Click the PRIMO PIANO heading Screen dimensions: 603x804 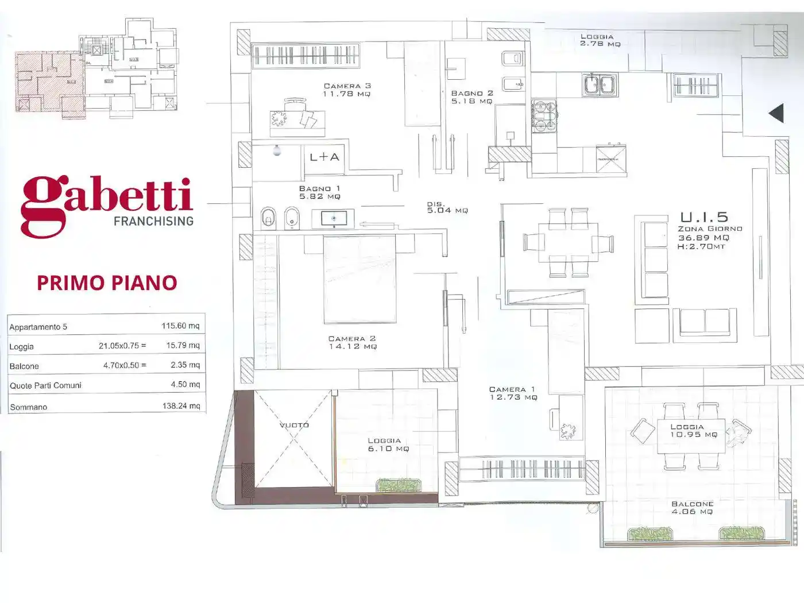click(x=107, y=283)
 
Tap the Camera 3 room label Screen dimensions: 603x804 click(x=347, y=90)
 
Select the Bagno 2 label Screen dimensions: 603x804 click(x=471, y=96)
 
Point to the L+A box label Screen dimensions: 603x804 click(x=324, y=157)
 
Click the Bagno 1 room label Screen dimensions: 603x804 click(x=319, y=192)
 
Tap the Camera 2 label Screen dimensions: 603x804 click(x=352, y=342)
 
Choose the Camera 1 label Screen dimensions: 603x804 click(x=513, y=393)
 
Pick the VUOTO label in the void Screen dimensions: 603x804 click(x=294, y=425)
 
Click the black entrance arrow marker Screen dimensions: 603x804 click(x=776, y=113)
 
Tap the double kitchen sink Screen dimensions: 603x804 click(x=599, y=85)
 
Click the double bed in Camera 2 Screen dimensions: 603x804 click(x=360, y=279)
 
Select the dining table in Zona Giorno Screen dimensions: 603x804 click(x=568, y=242)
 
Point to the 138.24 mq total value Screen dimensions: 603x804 click(x=181, y=405)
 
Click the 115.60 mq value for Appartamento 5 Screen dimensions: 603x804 click(x=180, y=326)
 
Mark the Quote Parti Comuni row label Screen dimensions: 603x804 click(x=45, y=385)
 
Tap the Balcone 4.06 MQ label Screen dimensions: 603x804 click(x=692, y=508)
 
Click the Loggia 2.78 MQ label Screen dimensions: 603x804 click(x=600, y=40)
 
